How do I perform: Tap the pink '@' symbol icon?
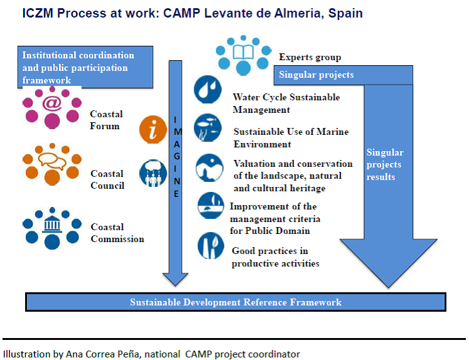52,100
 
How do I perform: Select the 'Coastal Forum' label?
105,120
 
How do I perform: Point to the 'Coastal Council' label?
107,179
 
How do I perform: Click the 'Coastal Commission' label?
117,233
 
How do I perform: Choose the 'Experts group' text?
310,58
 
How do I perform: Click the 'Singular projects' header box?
343,75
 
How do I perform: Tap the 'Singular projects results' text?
385,164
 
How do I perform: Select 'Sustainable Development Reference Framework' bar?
236,302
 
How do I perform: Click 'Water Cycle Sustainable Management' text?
286,103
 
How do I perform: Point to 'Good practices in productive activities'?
275,257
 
